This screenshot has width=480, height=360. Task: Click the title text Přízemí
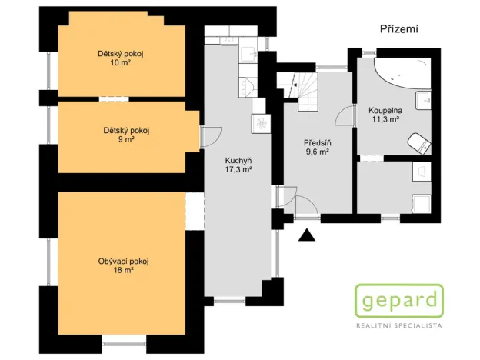(398, 28)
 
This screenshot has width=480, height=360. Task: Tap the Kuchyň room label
(238, 159)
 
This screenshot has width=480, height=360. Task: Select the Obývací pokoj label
(123, 262)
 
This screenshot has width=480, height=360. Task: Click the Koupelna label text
(385, 111)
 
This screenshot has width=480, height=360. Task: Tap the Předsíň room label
(316, 142)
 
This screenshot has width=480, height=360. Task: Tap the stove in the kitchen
(259, 122)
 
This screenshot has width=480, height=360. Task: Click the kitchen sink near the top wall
(248, 53)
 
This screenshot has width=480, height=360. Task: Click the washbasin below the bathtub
(422, 100)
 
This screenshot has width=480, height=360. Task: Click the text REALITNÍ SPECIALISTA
(398, 326)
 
